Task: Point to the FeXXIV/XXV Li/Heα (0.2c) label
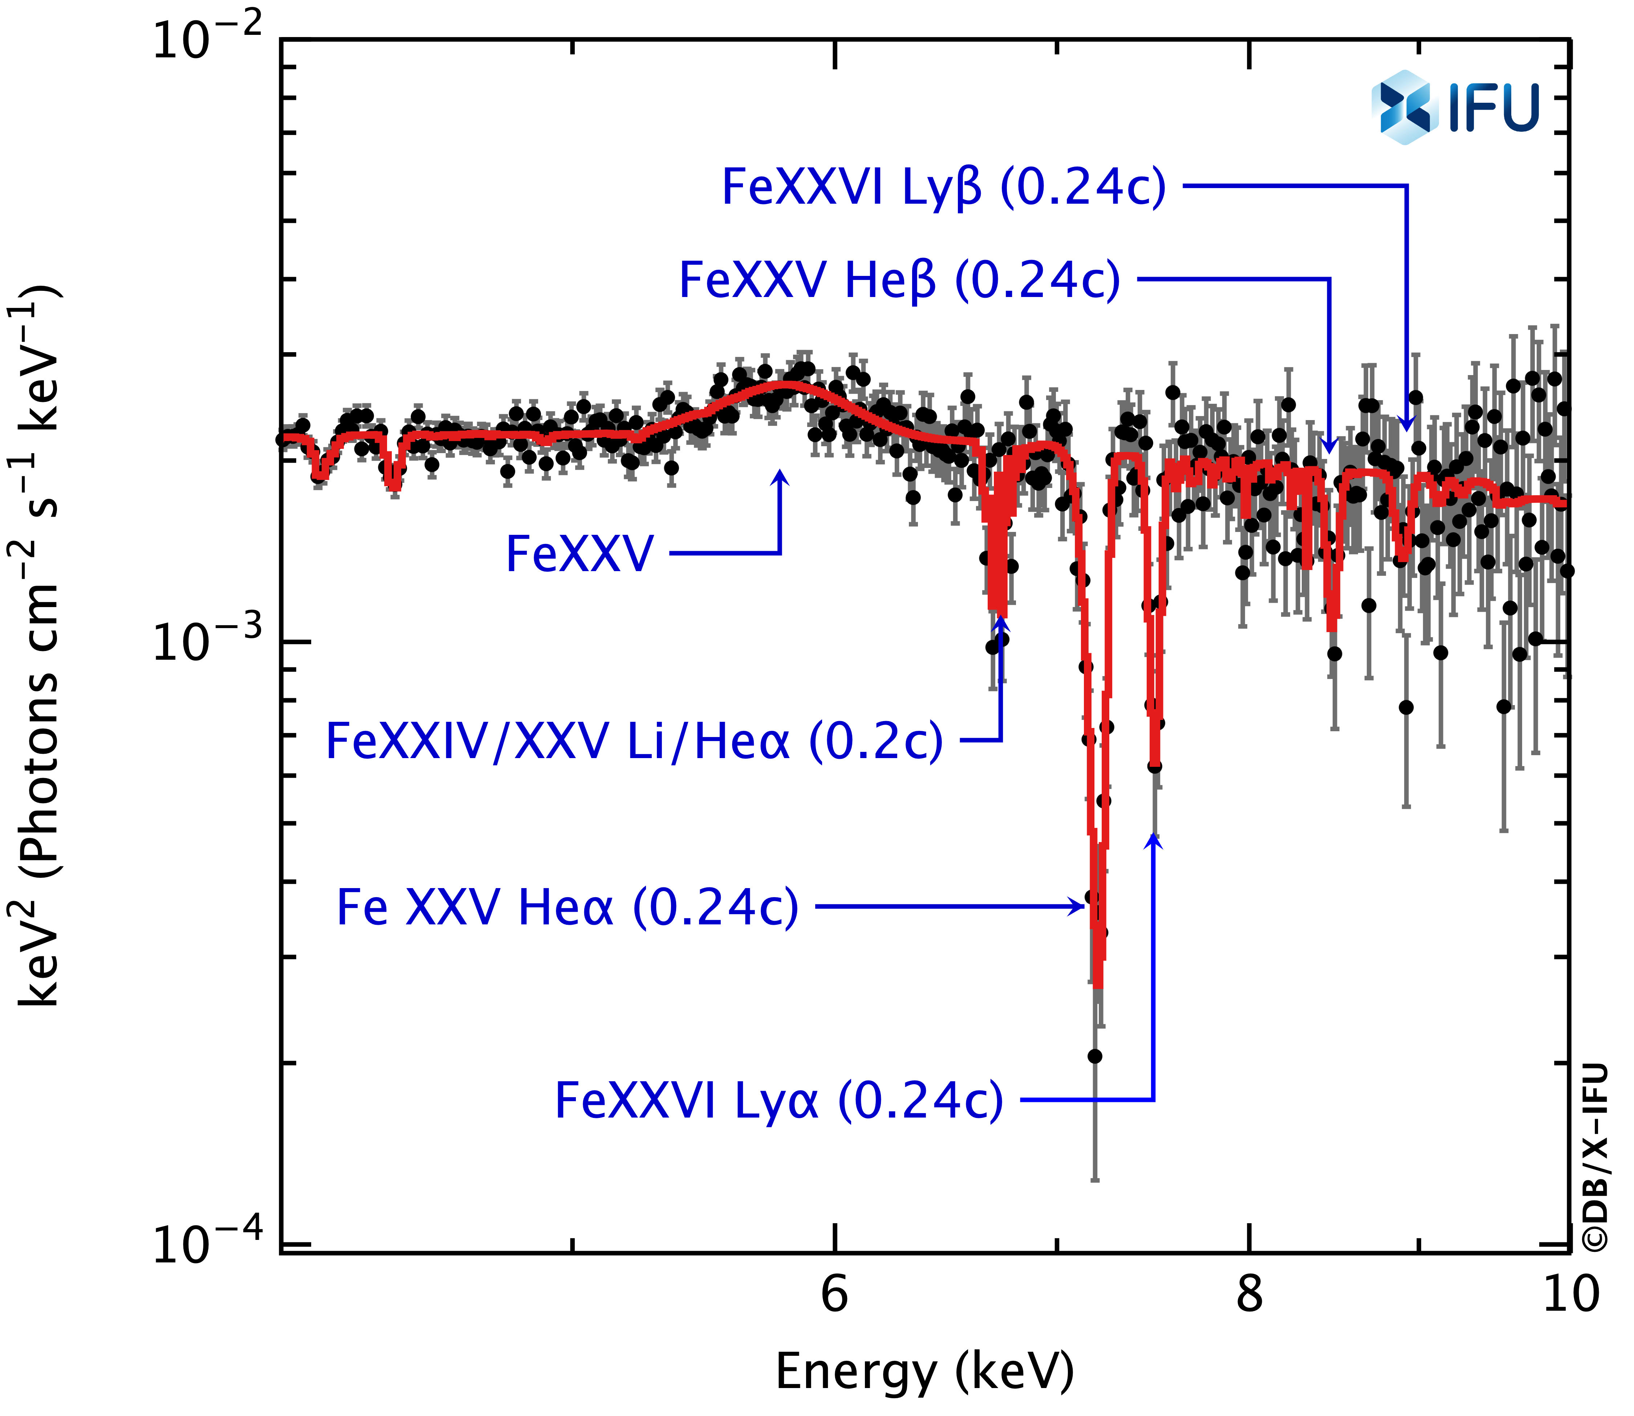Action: [634, 741]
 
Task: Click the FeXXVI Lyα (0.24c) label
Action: [779, 1100]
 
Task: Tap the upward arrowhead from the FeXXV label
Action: [781, 476]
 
